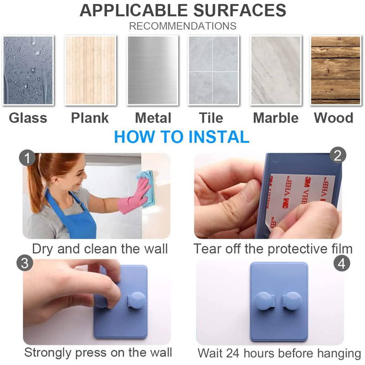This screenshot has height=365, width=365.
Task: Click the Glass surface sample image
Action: [x=28, y=70]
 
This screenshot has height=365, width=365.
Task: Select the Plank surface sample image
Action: [x=90, y=70]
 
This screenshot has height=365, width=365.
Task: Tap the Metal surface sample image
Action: [x=152, y=70]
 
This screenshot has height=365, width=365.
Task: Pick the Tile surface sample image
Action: [x=214, y=70]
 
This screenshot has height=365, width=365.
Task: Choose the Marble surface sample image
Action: [x=276, y=70]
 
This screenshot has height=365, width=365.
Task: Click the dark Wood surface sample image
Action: [x=336, y=70]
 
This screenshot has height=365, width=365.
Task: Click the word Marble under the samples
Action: [x=276, y=118]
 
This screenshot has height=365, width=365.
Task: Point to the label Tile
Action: [x=211, y=118]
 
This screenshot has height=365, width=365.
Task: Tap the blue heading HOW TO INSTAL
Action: [x=182, y=136]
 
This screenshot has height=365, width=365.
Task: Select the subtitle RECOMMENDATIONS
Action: [x=183, y=26]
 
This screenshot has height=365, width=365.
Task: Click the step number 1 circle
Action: [x=27, y=158]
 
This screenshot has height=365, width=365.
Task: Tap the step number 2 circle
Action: [x=338, y=155]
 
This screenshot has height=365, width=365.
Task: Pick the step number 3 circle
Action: [x=25, y=263]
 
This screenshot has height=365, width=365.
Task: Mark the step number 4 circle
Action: [x=342, y=264]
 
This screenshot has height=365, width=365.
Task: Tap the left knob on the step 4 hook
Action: [x=264, y=301]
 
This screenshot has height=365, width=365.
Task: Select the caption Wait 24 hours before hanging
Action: [x=279, y=353]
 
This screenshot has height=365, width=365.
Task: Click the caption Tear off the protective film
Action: [x=273, y=249]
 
